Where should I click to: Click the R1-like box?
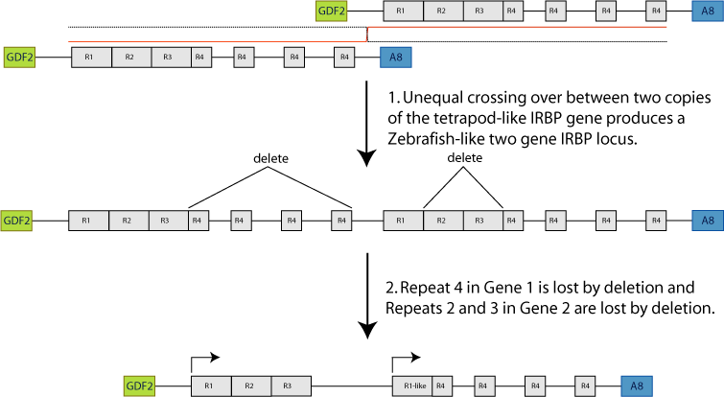point(411,385)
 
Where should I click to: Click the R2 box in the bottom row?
point(247,385)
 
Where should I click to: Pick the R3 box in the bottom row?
point(286,385)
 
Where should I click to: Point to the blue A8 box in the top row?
point(707,12)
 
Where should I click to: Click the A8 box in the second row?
point(396,58)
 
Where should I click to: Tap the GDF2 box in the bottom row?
point(139,385)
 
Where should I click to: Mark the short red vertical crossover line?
point(367,35)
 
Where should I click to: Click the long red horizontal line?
point(517,28)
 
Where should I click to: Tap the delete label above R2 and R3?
point(464,158)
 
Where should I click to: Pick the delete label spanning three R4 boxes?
point(269,155)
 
